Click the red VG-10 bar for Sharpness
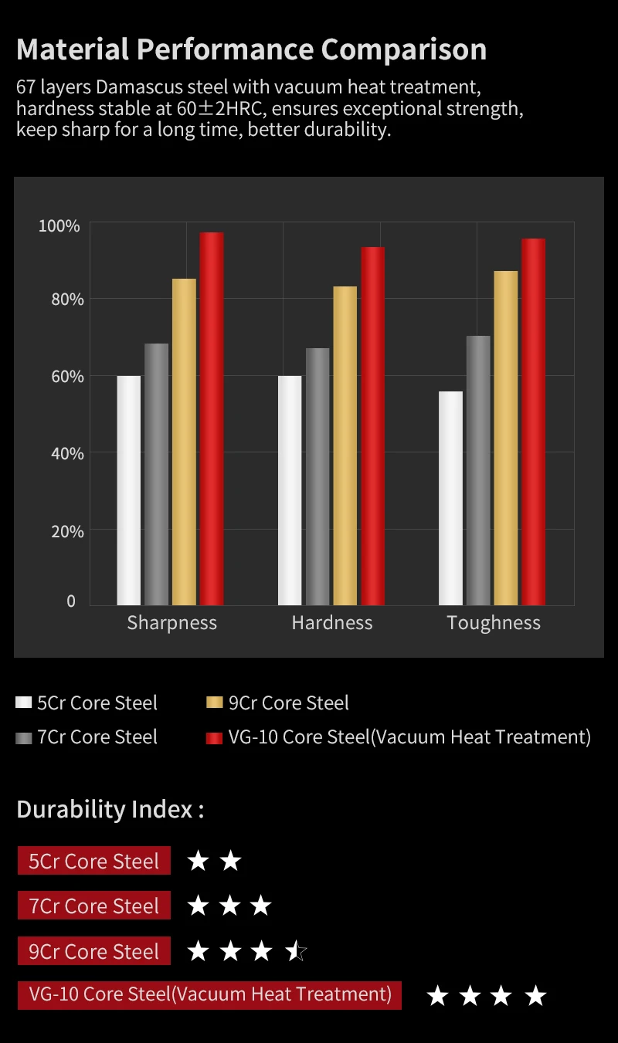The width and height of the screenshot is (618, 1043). coord(212,418)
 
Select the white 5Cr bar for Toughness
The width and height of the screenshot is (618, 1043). coord(450,498)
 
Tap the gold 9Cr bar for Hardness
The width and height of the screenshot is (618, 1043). coord(345,445)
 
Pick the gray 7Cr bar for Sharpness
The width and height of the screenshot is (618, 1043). coord(156,474)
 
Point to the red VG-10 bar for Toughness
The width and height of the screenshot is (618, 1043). coord(533,422)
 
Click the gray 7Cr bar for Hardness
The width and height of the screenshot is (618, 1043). coord(317,476)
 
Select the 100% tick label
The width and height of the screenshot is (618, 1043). coord(59,226)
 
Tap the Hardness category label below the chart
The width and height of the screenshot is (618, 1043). coord(332,623)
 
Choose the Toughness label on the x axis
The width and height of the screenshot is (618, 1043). coord(494,623)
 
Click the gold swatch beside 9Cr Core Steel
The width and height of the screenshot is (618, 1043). coord(215,703)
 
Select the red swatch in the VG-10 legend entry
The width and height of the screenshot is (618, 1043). coord(215,737)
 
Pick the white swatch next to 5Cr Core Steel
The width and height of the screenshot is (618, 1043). coord(24,703)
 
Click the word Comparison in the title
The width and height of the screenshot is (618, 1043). coord(404,49)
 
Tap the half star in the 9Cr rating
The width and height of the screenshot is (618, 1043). coord(297,951)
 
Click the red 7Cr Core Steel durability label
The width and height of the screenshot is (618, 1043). coord(93,906)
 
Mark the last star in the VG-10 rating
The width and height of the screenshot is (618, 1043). coord(535,996)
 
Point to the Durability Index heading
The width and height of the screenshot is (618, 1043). coord(110,809)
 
